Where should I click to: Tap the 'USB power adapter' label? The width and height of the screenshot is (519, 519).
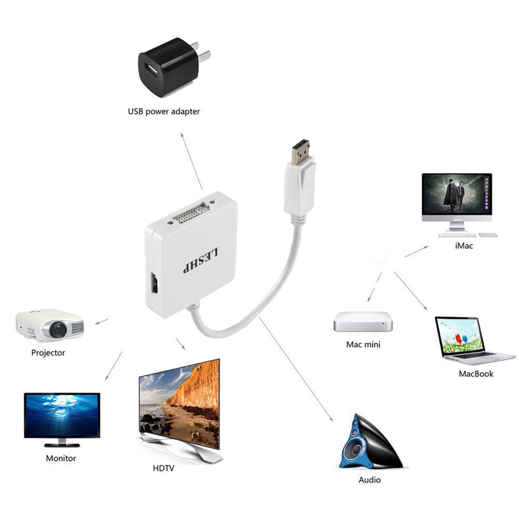click(164, 112)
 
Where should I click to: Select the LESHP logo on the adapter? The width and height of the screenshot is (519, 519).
click(201, 261)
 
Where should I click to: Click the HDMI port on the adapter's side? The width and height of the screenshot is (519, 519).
click(154, 283)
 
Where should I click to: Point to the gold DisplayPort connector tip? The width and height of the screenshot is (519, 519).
click(300, 152)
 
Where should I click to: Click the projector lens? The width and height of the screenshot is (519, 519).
click(58, 330)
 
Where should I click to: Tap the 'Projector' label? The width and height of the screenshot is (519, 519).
click(48, 353)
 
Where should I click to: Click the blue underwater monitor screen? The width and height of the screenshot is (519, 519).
click(62, 415)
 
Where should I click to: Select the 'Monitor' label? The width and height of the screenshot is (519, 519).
click(61, 458)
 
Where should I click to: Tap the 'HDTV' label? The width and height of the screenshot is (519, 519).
click(163, 468)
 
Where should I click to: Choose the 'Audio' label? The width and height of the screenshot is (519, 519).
click(370, 480)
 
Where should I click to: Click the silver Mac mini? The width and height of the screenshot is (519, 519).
click(363, 321)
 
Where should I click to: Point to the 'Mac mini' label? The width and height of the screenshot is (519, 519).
click(363, 345)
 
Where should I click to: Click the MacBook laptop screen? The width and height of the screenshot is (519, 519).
click(460, 336)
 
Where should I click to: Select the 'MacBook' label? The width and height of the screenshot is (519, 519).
click(476, 374)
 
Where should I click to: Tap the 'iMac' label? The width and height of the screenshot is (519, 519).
click(463, 245)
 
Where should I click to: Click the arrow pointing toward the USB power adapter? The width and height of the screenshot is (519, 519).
click(192, 161)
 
